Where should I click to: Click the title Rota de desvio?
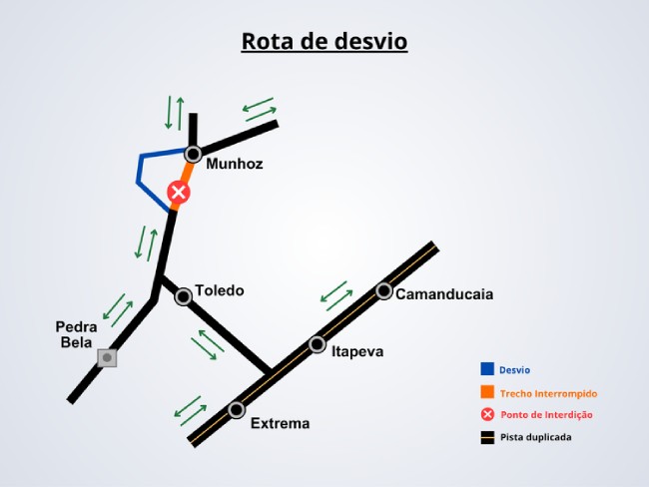pos(324,41)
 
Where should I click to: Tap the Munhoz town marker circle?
pos(193,155)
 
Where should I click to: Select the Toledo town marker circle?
pos(184,296)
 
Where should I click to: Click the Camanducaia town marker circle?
pos(383,291)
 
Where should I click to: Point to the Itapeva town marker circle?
pos(318,344)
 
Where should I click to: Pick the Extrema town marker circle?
pos(237,410)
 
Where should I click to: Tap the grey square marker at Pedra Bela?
pos(107,358)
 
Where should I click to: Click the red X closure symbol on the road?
pos(179,193)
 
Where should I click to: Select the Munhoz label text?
pos(235,164)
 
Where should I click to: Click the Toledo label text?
pos(220,290)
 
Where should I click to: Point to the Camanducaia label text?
pos(444,294)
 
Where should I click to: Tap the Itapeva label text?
pos(357,351)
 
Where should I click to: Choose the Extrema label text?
pos(281,424)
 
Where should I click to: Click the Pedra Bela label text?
pos(76,334)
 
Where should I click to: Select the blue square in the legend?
pos(487,368)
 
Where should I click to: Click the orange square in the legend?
pos(487,392)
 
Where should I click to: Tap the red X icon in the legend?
pos(487,414)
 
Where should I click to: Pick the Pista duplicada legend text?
pos(535,437)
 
